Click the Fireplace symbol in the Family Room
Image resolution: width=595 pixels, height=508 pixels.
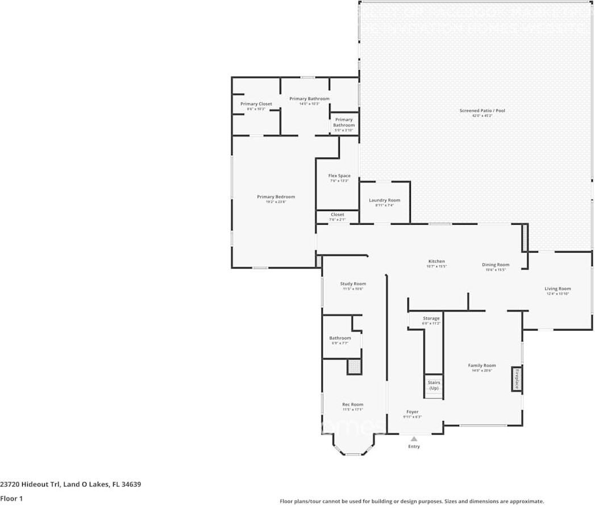point(517,379)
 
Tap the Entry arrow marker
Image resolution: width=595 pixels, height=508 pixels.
point(414,439)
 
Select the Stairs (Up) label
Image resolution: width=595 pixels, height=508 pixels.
point(434,385)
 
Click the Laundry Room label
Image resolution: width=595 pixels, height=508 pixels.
point(384,200)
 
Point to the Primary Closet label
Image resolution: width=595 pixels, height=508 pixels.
point(256,104)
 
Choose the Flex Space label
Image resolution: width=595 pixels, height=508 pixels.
point(339,176)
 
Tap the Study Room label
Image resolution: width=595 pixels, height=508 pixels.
point(353,284)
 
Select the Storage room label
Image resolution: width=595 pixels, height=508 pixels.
point(431,319)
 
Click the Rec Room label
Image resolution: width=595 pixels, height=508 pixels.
point(352,404)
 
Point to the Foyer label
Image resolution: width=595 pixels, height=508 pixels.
point(412,412)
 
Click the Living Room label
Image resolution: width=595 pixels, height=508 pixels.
point(557,289)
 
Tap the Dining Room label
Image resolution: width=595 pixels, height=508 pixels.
point(496,265)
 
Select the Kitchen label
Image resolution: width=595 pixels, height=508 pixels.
point(436,262)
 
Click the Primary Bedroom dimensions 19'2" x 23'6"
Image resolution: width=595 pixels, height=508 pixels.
point(276,202)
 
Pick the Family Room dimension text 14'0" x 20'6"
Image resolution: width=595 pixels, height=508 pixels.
point(482,370)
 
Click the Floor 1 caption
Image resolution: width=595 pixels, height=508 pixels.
point(11,499)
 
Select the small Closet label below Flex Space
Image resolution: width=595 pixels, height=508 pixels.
point(337,214)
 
